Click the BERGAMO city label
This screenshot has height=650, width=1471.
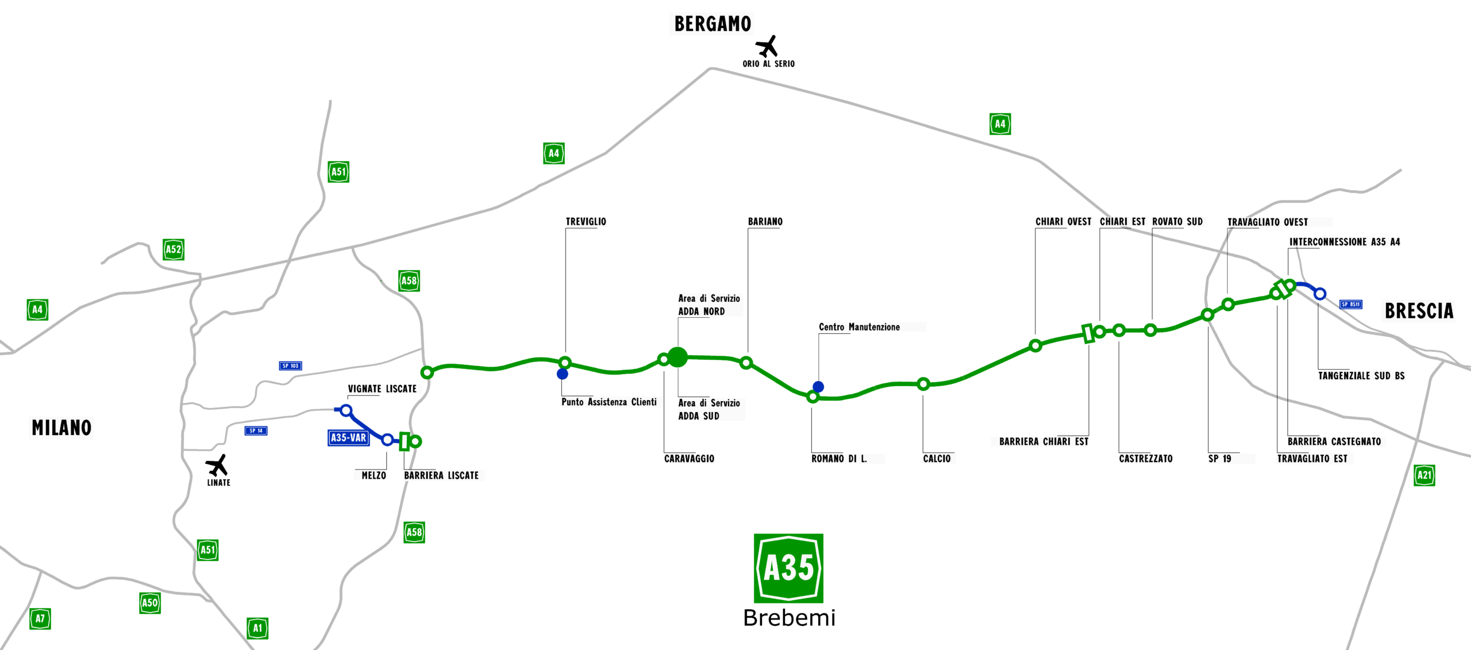(x=713, y=24)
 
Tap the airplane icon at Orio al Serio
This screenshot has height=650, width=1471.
(x=767, y=46)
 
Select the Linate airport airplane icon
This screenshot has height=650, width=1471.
(x=217, y=465)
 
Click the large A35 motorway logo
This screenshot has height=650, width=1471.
(x=788, y=568)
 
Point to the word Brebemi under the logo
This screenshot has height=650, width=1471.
(x=789, y=618)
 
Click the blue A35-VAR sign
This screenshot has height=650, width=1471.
(x=349, y=438)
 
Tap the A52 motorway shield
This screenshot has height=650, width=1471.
(x=174, y=249)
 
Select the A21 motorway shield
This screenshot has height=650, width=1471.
(x=1424, y=475)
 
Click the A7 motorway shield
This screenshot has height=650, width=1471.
(x=40, y=619)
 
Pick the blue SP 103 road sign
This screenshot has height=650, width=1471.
(x=290, y=366)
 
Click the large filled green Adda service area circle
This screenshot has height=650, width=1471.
(x=678, y=357)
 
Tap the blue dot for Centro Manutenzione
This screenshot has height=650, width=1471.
(x=818, y=387)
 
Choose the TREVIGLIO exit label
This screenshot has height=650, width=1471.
(x=586, y=222)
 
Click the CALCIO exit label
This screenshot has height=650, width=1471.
(x=937, y=459)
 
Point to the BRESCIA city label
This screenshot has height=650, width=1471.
(x=1419, y=311)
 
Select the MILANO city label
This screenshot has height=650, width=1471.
(x=61, y=428)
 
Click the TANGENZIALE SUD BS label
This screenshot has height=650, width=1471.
(x=1361, y=376)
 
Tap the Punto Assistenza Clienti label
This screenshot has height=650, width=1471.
(x=609, y=402)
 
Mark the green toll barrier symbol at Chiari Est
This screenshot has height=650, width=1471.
(x=1088, y=333)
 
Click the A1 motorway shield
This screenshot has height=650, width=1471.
(x=257, y=628)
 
